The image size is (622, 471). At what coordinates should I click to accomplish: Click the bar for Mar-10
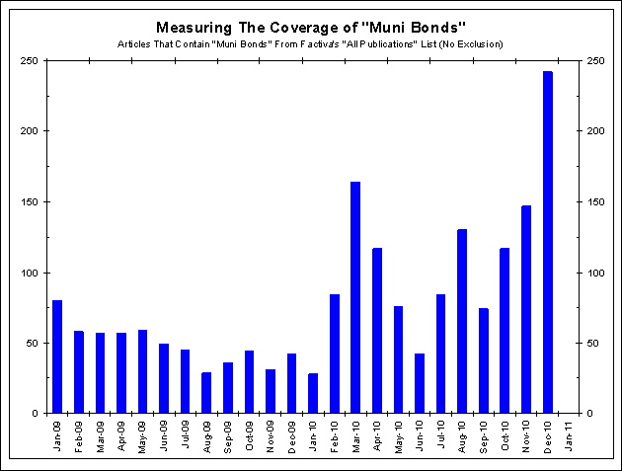pos(355,297)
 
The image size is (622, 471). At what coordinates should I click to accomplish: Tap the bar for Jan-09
pos(57,356)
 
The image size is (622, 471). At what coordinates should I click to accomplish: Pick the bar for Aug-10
pos(462,321)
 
